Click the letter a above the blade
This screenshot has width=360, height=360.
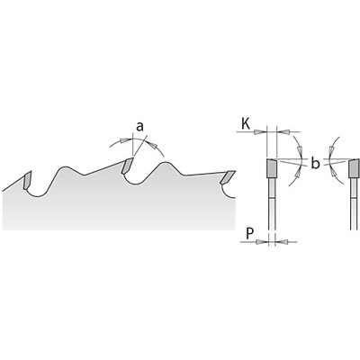coord(139,127)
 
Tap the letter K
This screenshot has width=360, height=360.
coord(246,124)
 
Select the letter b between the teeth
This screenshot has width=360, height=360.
coord(314,164)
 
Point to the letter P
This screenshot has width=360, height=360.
coord(249,233)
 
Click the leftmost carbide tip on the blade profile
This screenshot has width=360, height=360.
coord(27,180)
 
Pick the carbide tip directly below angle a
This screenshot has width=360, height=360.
coord(127,166)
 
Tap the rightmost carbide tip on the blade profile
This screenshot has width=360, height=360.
coord(228,177)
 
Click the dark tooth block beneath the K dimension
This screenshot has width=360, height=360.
coord(272,167)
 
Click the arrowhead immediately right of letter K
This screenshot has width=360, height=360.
coord(258,131)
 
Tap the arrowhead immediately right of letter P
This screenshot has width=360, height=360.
coord(260,242)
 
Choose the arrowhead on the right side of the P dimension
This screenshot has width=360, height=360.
coord(283,241)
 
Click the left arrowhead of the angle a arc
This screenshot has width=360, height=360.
coord(123,140)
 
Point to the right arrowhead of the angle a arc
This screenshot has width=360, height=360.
coord(154,145)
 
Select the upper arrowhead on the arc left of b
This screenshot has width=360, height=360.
coord(299,149)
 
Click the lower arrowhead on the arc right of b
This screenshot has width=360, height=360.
coord(333,173)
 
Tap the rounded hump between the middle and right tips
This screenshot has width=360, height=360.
coord(165,165)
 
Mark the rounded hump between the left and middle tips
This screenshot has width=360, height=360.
coord(65,168)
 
